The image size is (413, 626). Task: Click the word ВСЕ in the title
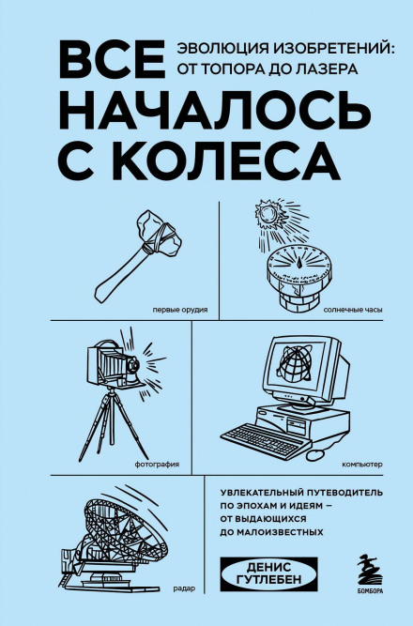pos(113,59)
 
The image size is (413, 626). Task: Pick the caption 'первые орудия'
pos(180,310)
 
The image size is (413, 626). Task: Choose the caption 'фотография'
pos(157,465)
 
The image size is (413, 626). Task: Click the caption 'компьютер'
pos(362,465)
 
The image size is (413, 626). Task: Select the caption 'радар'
pos(185,588)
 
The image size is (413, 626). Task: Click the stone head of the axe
pos(159,232)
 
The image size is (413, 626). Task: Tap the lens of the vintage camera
pos(134,364)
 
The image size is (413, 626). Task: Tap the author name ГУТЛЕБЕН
pos(269,579)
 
